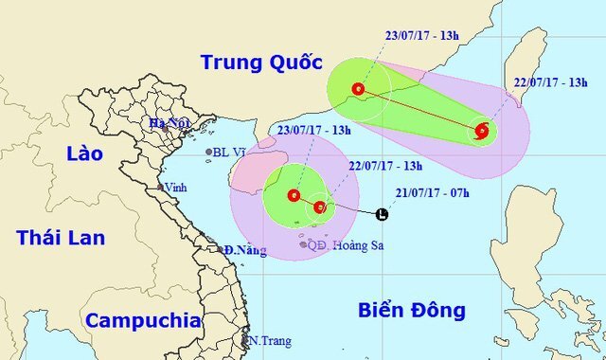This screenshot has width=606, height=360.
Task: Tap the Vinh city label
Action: (175, 188)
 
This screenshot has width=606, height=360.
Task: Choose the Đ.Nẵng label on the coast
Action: (243, 250)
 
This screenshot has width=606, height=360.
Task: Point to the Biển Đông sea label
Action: (413, 310)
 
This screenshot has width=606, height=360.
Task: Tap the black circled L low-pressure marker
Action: (382, 214)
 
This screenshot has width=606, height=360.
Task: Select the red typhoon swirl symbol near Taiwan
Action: (482, 132)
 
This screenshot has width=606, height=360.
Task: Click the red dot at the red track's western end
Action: (357, 90)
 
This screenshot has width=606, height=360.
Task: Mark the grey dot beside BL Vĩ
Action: (209, 152)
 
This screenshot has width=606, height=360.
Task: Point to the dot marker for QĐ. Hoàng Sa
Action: (303, 244)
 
